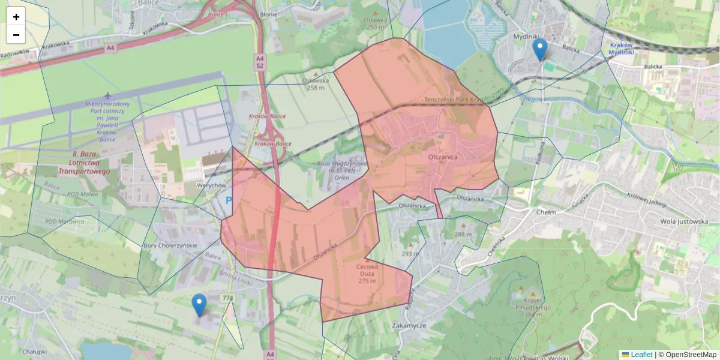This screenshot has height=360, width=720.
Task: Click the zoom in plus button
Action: click(16, 17)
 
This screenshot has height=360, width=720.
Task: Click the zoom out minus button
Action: click(16, 35)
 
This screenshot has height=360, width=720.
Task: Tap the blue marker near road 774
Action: click(199, 305)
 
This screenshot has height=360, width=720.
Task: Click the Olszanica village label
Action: click(443, 157)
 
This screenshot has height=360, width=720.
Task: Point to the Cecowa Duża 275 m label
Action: click(367, 274)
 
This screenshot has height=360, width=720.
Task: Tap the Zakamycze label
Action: click(408, 325)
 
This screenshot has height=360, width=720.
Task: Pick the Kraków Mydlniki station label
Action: click(621, 49)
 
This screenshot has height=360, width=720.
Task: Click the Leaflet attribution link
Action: click(641, 355)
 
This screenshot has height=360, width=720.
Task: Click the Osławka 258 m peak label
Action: click(316, 83)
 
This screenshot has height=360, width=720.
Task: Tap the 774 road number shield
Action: click(227, 298)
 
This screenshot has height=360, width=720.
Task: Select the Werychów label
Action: click(210, 185)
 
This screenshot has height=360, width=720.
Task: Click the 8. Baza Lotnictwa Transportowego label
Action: click(84, 163)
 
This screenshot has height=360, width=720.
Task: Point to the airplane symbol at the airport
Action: click(107, 95)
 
